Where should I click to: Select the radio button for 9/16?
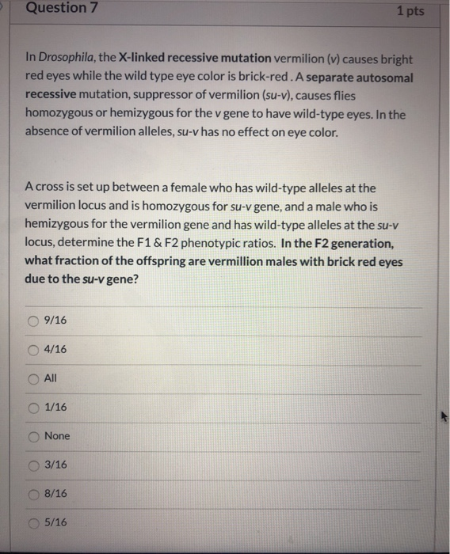(x=34, y=321)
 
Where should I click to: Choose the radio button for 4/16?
(x=34, y=349)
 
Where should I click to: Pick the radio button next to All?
(x=34, y=378)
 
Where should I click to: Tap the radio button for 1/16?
(x=34, y=407)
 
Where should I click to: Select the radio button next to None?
(x=34, y=436)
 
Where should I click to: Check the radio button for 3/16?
(x=34, y=465)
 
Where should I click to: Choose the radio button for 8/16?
(x=34, y=493)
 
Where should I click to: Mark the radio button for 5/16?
(x=34, y=522)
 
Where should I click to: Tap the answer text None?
(x=57, y=436)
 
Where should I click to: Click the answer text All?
(x=51, y=378)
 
